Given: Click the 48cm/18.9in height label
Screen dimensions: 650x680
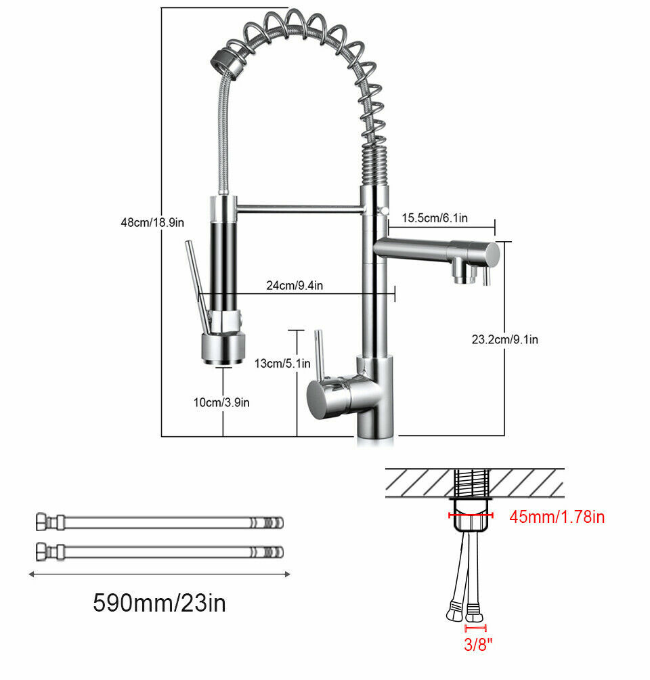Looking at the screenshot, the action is pos(152,222).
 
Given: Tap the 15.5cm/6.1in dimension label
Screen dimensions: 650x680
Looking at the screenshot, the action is pos(435,217).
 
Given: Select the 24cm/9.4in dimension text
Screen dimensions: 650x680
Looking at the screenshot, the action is pos(295,285).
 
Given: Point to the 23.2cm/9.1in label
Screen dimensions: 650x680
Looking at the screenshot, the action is pos(504,339).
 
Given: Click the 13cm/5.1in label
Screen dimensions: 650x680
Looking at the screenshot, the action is pos(282,364).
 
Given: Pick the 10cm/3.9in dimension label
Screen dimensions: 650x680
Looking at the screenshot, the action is pos(221,402).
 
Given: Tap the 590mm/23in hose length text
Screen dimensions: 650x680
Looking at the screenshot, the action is pos(160,603).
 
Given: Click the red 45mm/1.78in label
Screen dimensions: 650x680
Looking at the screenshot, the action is pos(557,517).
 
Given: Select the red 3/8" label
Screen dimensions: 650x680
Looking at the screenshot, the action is pos(478,644).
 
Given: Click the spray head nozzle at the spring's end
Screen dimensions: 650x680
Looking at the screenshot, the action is pos(229,64).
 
